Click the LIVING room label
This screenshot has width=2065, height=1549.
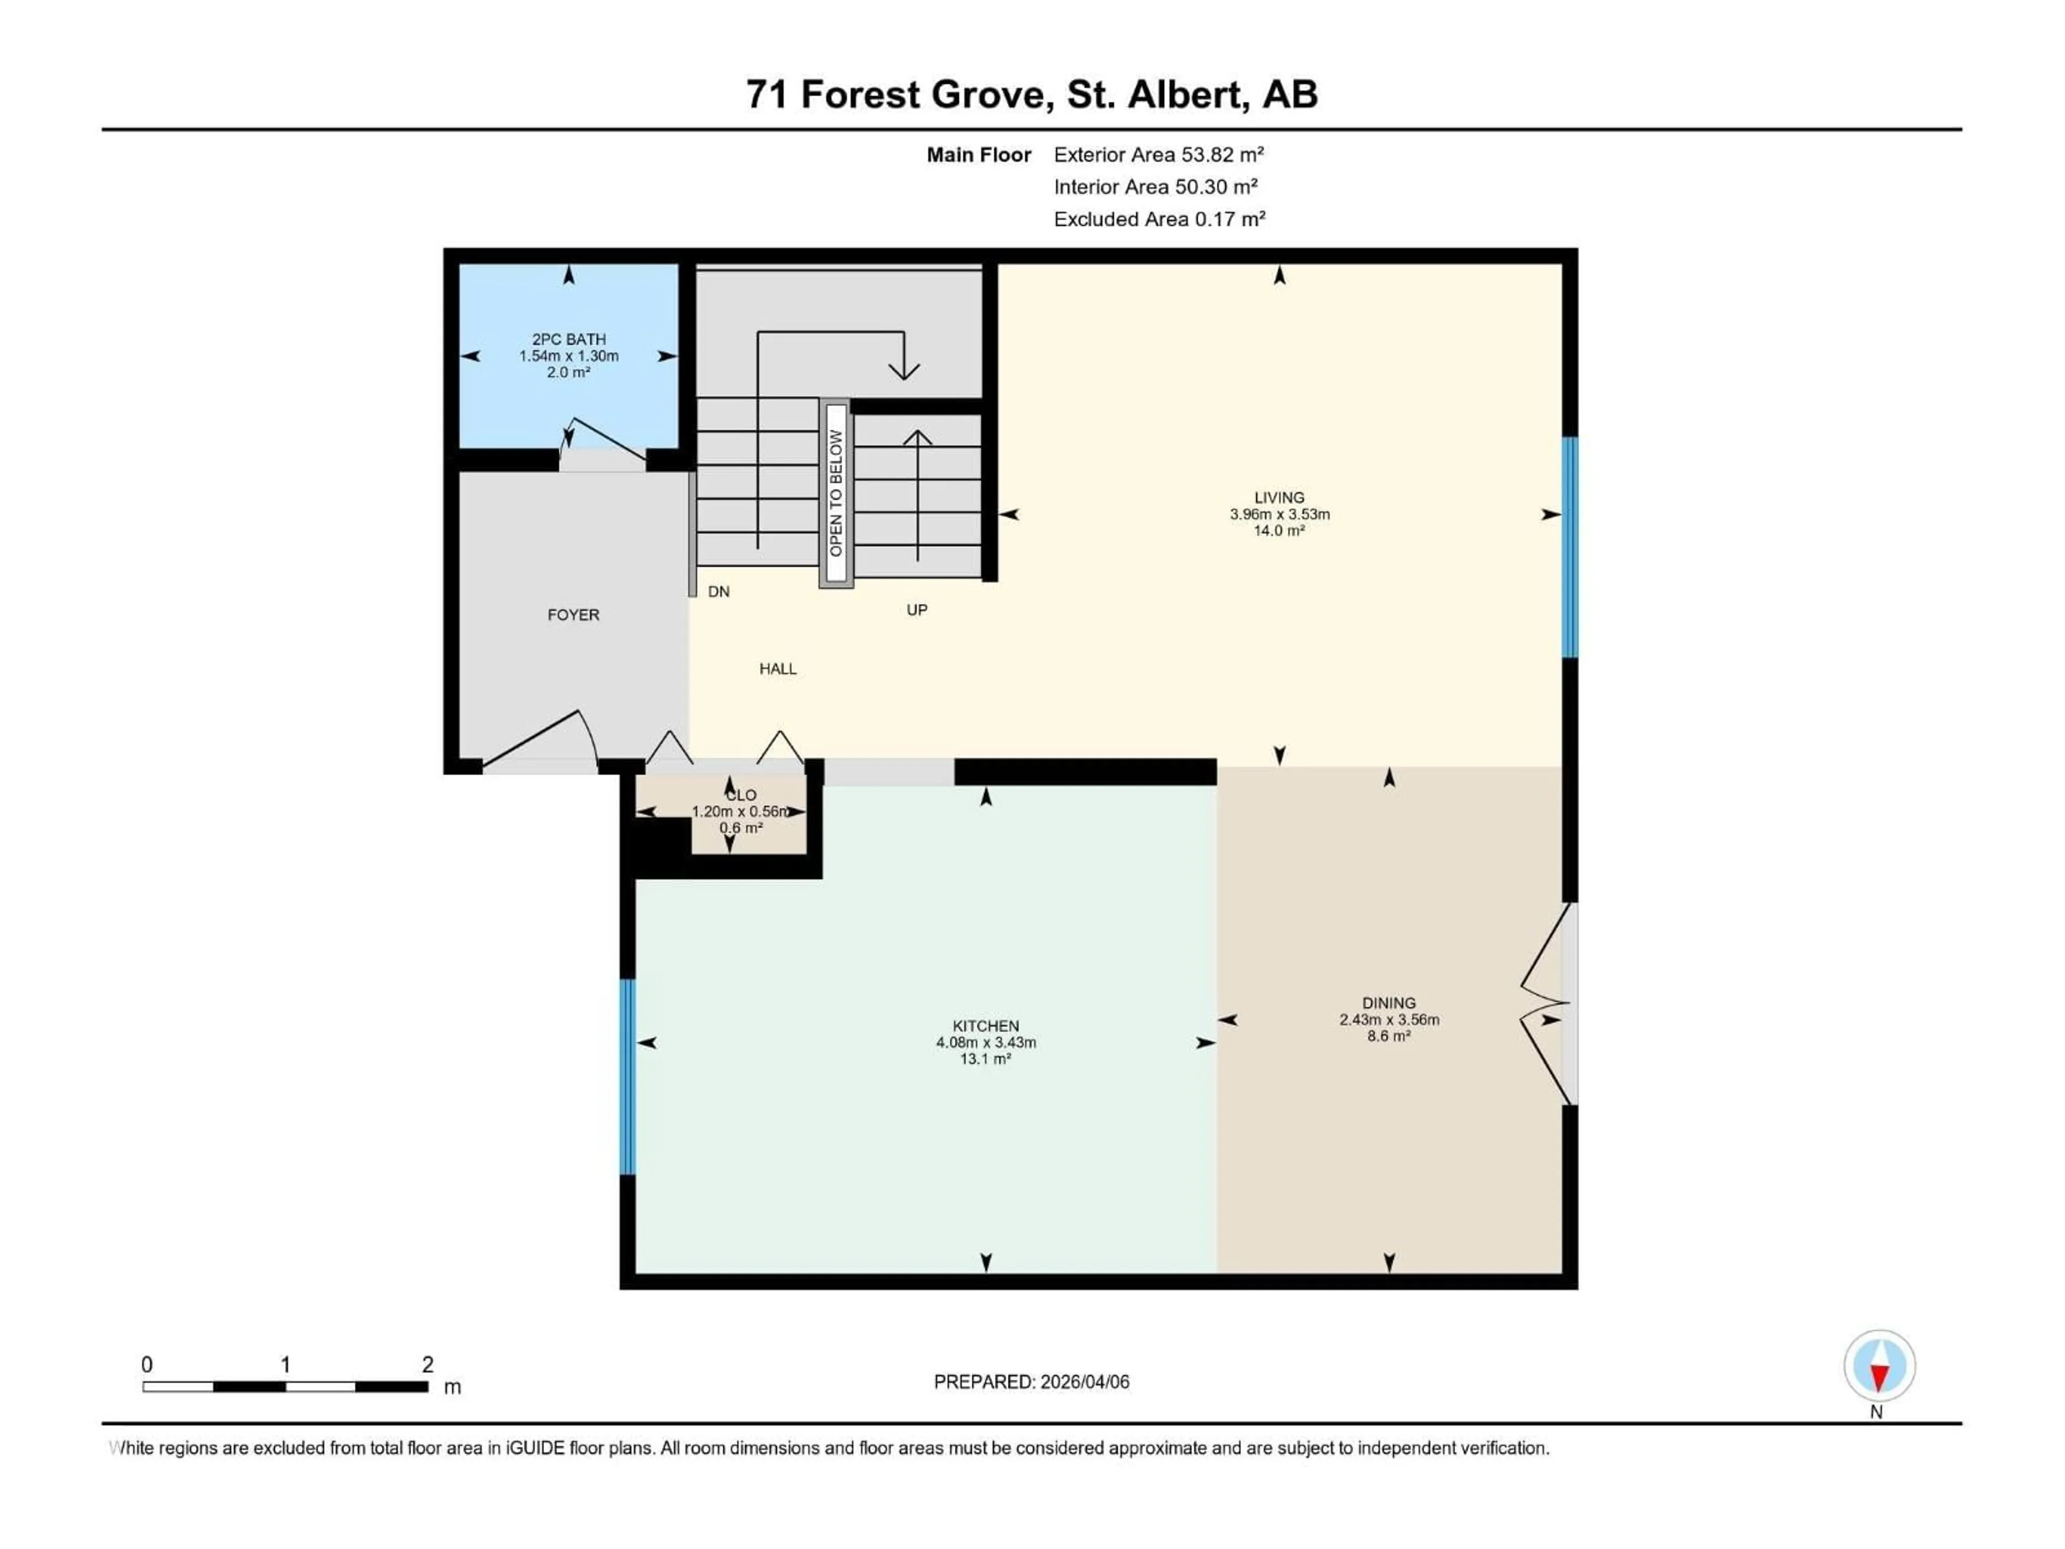click(x=1279, y=498)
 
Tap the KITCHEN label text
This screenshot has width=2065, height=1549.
click(x=986, y=1025)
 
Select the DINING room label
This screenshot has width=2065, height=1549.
click(x=1388, y=1003)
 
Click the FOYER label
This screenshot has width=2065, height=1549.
click(x=573, y=614)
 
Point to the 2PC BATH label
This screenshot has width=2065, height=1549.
click(x=568, y=339)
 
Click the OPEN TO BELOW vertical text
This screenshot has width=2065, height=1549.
click(x=836, y=493)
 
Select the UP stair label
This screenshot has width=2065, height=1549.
click(x=917, y=610)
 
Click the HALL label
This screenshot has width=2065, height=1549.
click(x=778, y=669)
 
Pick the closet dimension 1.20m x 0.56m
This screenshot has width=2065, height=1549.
click(x=740, y=812)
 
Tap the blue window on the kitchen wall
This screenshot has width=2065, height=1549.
click(x=628, y=1076)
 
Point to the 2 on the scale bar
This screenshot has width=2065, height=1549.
click(x=428, y=1364)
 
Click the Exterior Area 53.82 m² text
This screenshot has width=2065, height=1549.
click(x=1158, y=155)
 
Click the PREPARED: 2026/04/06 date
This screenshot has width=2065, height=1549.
click(x=1031, y=1382)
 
